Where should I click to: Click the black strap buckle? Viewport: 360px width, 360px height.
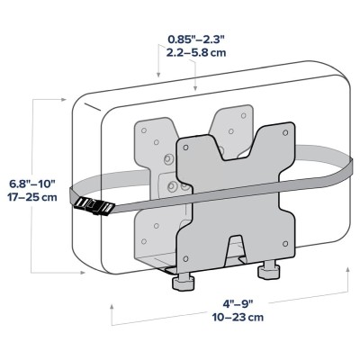[94, 206]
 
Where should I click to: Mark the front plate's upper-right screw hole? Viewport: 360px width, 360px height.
[286, 132]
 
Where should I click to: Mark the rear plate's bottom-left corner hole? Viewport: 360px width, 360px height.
[143, 244]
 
